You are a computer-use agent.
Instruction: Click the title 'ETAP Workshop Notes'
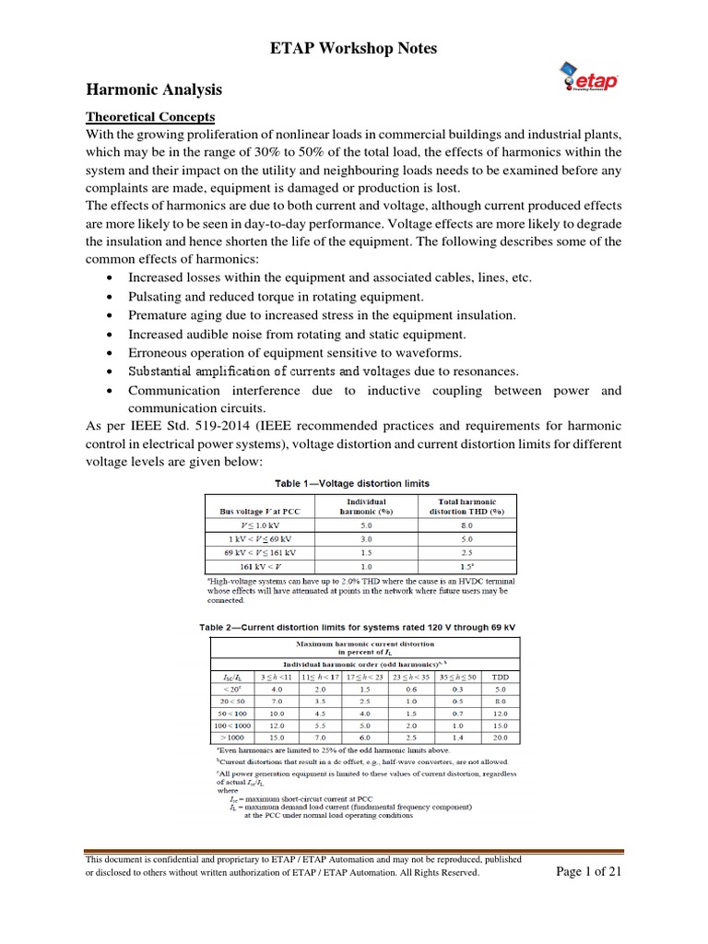click(353, 48)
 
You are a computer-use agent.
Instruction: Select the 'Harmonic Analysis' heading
click(154, 90)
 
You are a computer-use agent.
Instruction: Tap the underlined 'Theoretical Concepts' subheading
click(150, 117)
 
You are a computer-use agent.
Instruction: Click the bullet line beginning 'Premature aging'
click(322, 315)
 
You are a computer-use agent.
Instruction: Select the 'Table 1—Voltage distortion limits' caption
click(353, 483)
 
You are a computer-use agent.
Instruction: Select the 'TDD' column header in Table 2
click(500, 675)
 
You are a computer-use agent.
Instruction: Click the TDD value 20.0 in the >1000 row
click(500, 737)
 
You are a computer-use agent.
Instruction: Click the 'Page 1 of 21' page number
click(589, 872)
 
